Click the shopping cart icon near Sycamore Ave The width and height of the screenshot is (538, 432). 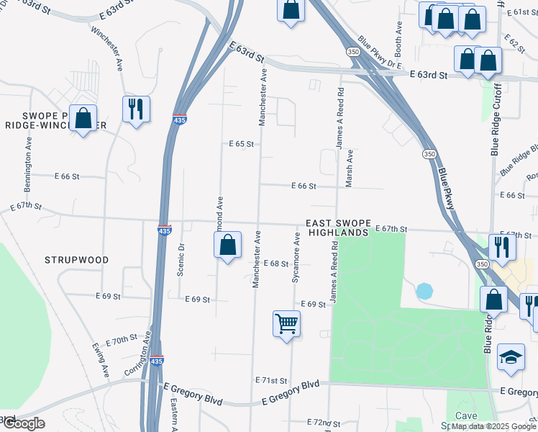286,323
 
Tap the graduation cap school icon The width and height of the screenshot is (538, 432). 511,358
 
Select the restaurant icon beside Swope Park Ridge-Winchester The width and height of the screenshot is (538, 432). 136,109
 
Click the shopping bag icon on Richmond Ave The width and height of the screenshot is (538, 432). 227,245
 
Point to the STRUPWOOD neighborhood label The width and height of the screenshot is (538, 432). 76,260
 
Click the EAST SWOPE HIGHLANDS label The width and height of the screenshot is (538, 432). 337,228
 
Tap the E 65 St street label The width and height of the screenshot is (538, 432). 242,144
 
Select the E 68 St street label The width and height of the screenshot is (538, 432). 275,264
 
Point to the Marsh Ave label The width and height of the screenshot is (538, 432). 349,168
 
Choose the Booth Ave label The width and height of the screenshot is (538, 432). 398,35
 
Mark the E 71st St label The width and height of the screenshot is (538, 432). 271,380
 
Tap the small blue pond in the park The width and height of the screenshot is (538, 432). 424,292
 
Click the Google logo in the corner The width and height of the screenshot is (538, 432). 23,423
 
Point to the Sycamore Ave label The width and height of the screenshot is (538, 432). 296,257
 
